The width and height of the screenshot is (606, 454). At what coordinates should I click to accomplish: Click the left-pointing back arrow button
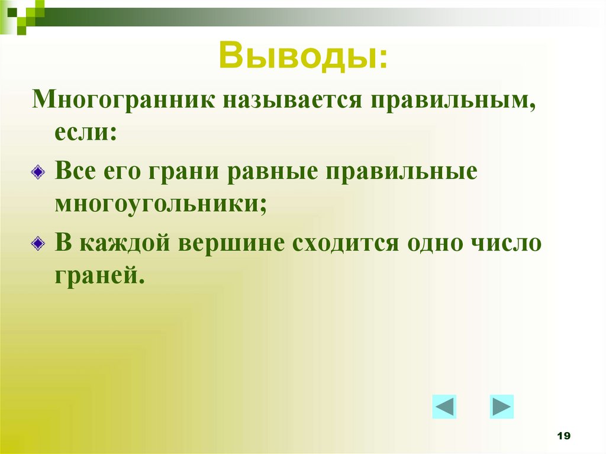pos(444,407)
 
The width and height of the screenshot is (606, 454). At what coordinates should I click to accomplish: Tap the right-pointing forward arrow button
pos(501,407)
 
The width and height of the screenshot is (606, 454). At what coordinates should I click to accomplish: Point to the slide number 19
pos(563,436)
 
